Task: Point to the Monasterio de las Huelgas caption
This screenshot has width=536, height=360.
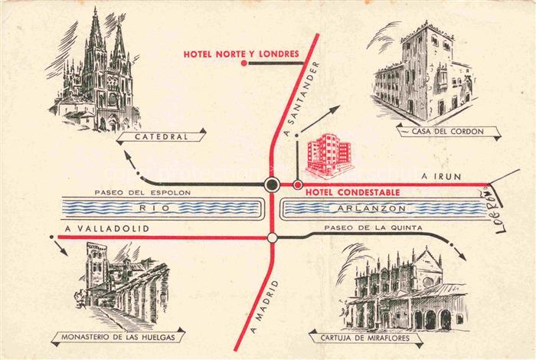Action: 119,337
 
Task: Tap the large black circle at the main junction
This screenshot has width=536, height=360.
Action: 272,184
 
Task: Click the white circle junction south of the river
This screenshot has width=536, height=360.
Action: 272,237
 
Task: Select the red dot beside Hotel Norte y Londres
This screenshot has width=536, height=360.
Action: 244,64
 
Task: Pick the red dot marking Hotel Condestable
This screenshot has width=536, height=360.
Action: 297,185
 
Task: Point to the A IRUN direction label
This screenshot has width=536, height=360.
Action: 441,177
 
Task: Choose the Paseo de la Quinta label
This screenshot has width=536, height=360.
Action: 364,228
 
